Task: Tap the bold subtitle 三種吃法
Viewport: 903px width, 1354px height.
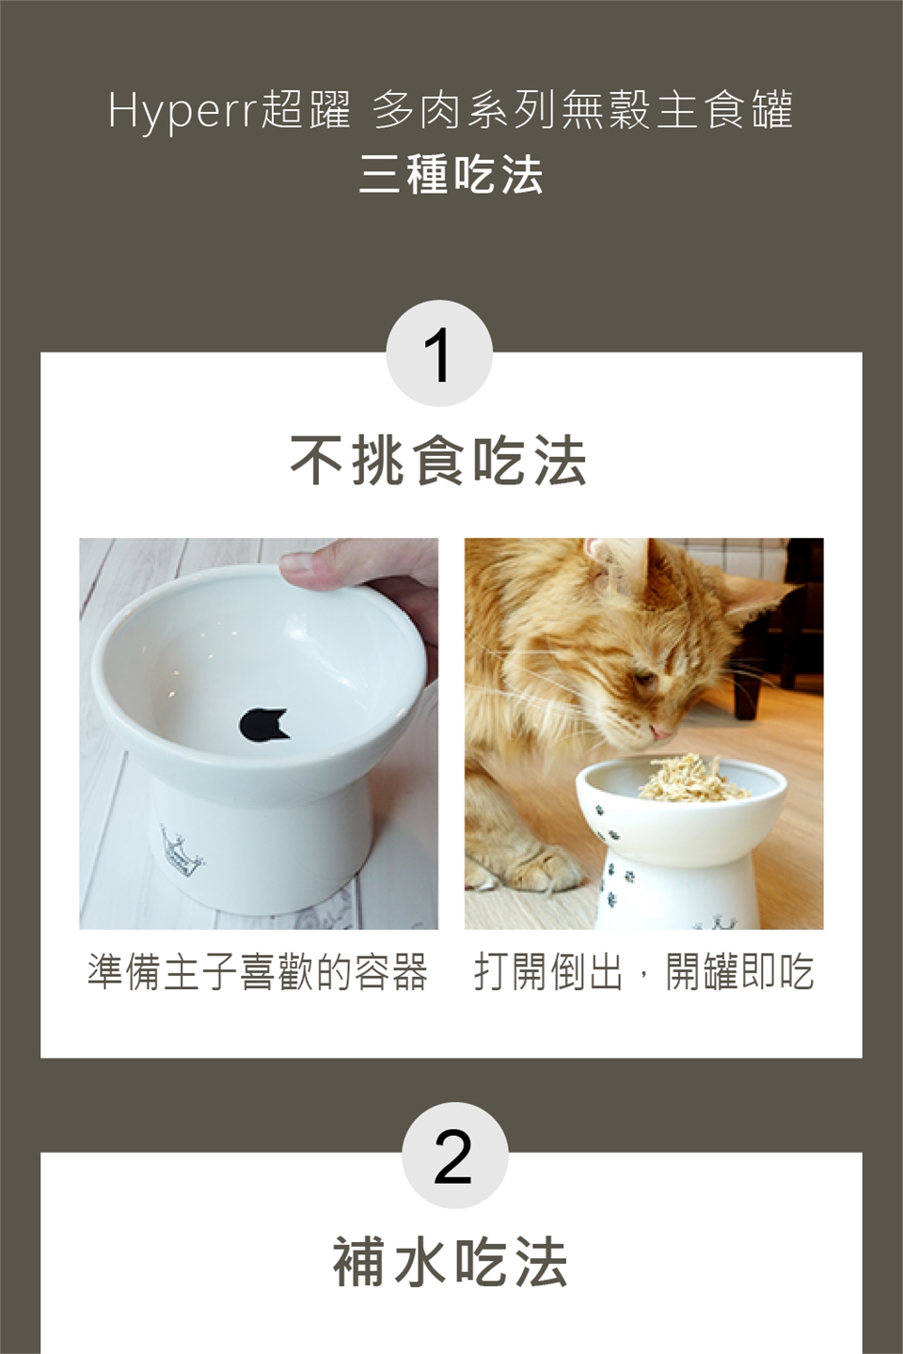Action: pyautogui.click(x=451, y=175)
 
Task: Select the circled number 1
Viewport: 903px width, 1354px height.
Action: pyautogui.click(x=439, y=354)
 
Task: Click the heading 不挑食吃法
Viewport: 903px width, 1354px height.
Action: pyautogui.click(x=439, y=461)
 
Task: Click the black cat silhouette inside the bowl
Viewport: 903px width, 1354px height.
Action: pyautogui.click(x=264, y=724)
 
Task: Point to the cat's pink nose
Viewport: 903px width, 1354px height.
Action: pyautogui.click(x=662, y=733)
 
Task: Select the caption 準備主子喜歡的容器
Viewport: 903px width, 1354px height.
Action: pyautogui.click(x=258, y=972)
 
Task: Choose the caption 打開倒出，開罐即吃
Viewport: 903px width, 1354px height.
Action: pyautogui.click(x=643, y=972)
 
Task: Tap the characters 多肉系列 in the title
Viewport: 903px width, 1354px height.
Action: pyautogui.click(x=464, y=111)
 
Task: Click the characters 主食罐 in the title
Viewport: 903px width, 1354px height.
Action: pyautogui.click(x=725, y=111)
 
